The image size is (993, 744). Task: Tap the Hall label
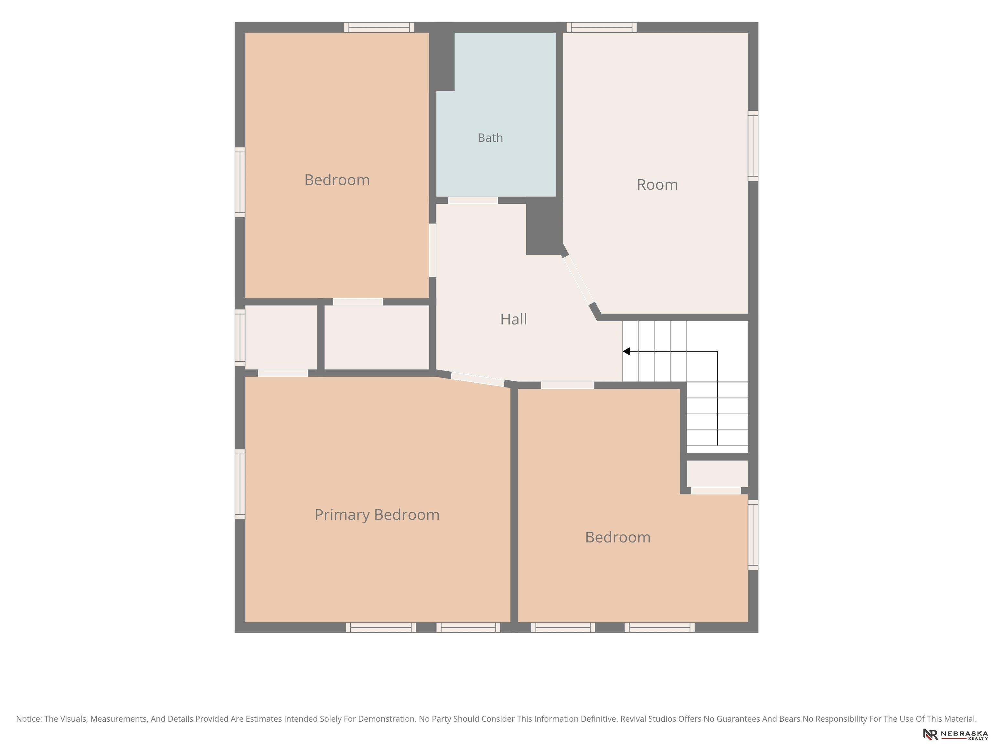point(514,319)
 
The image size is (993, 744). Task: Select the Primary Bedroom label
point(377,515)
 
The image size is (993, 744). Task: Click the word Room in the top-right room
point(657,185)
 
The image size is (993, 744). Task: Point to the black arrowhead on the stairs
point(626,352)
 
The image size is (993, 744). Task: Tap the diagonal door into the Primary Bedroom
point(478,379)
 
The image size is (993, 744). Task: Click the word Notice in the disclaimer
point(29,719)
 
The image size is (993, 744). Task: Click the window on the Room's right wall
point(753,146)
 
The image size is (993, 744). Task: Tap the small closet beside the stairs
point(717,474)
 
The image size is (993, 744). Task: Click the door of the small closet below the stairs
point(716,491)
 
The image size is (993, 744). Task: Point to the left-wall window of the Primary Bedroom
point(240,484)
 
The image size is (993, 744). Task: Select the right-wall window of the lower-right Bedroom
point(753,535)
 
